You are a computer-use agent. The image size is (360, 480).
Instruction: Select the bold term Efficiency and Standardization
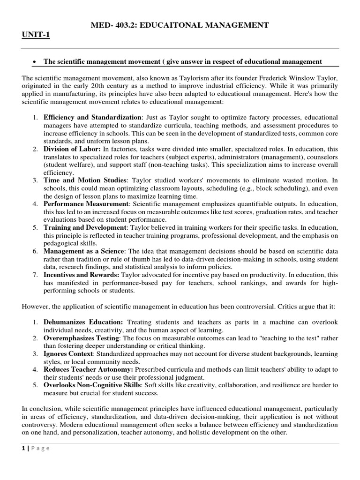pyautogui.click(x=92, y=117)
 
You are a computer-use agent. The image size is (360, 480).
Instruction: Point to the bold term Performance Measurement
pyautogui.click(x=86, y=204)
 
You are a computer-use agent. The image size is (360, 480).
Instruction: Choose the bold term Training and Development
pyautogui.click(x=85, y=227)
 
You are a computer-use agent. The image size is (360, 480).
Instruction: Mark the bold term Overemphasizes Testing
pyautogui.click(x=82, y=338)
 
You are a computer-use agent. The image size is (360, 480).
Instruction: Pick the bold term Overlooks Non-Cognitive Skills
pyautogui.click(x=97, y=385)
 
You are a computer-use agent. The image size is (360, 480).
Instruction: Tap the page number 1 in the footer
pyautogui.click(x=23, y=448)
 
